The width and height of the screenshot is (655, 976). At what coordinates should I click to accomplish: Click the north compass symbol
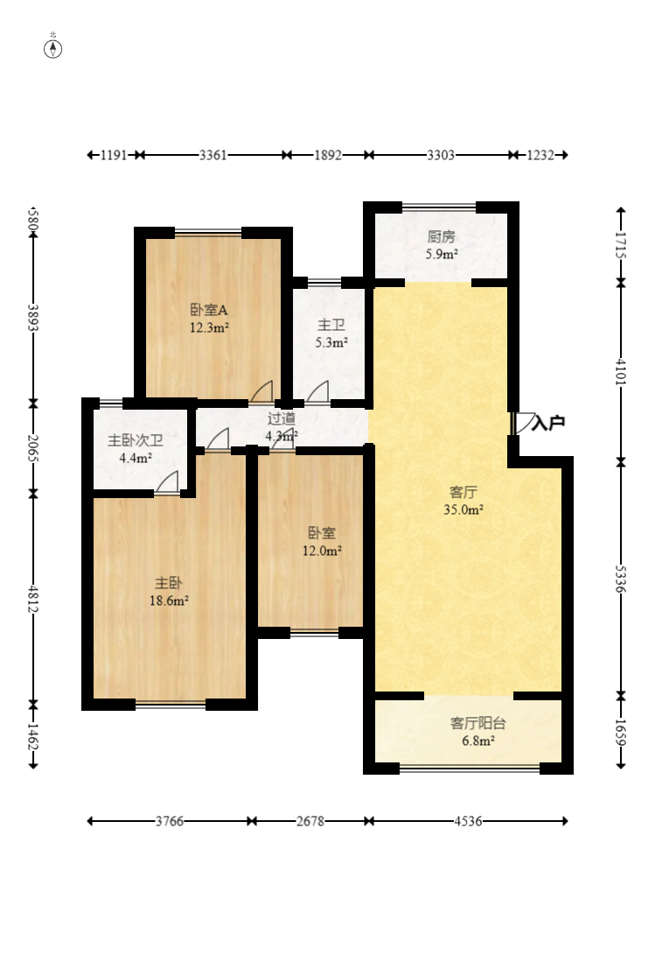pos(52,48)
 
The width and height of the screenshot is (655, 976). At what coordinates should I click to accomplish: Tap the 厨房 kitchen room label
pos(441,236)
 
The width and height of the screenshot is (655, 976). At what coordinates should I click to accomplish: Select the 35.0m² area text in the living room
pos(463,509)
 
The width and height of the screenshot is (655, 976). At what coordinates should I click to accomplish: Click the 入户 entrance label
pos(548,423)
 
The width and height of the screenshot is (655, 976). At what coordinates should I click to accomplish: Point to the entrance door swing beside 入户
pos(522,423)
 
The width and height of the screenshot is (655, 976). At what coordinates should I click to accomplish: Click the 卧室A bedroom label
pos(209,309)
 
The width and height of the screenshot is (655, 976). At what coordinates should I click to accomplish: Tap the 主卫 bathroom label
pos(331,325)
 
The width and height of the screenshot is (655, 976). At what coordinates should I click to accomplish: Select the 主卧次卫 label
pos(136,440)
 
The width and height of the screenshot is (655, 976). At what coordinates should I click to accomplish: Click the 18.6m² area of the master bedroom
pos(169,600)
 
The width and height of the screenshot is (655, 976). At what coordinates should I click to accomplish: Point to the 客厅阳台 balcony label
pos(477,723)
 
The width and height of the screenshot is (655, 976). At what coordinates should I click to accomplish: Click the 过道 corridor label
pos(282,419)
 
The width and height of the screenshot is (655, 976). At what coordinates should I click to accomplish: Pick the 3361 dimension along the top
pos(213,155)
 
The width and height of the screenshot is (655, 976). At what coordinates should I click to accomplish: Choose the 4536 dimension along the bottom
pos(468,821)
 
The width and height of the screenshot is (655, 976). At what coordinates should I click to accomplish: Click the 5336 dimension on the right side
pos(621,579)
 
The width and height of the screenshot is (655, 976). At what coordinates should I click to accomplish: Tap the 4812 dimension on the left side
pos(33,599)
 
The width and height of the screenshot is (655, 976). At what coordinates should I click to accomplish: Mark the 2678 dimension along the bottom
pos(310,821)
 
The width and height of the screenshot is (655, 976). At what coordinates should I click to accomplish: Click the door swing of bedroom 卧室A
pos(261,391)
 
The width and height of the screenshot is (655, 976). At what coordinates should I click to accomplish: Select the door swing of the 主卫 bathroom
pos(317,391)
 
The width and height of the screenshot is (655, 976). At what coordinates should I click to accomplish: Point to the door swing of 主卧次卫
pos(167,482)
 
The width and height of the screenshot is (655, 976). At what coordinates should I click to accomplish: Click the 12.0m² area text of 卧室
pos(322,551)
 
